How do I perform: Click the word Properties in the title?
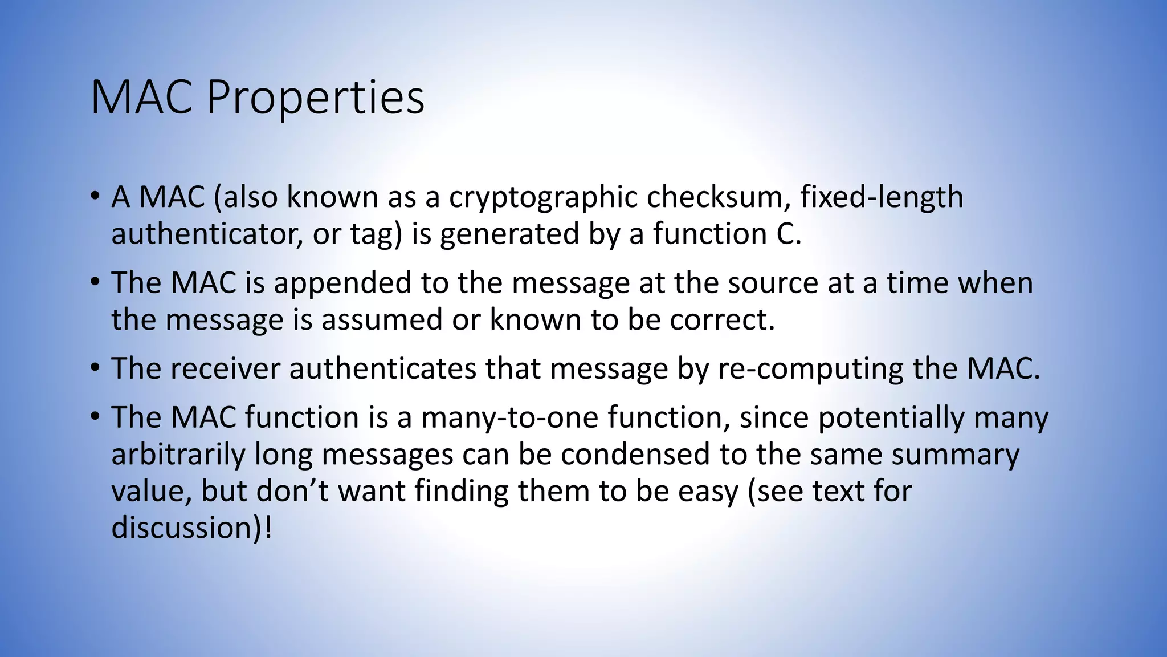pos(315,98)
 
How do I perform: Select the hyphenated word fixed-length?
pos(882,197)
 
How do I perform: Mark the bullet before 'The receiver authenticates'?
pos(95,368)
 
